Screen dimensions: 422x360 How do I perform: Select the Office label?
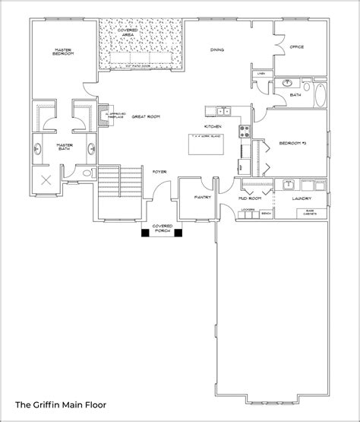coord(297,46)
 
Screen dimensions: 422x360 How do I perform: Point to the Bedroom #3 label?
coord(292,143)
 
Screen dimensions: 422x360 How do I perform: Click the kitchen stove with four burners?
coord(245,130)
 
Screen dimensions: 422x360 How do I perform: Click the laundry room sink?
coord(289,184)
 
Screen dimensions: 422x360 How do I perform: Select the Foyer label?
coord(159,172)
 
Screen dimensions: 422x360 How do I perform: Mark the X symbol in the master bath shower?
coord(46,180)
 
